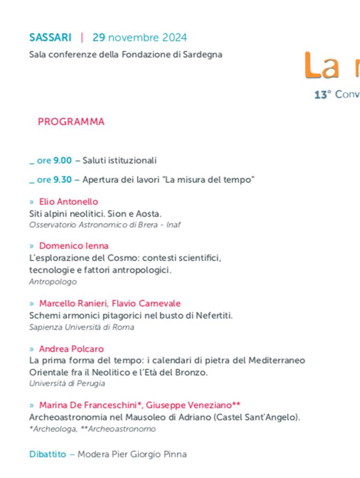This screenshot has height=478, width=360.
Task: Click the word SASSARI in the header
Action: (50, 38)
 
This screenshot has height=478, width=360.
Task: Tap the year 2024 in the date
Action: (174, 38)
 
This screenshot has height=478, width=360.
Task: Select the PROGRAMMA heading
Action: (71, 122)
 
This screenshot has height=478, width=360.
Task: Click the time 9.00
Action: (62, 161)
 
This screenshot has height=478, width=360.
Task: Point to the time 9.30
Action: (62, 180)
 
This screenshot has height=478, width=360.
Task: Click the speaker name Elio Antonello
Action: (69, 202)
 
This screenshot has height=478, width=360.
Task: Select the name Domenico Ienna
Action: (74, 246)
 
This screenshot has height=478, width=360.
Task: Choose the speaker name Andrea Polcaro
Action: (72, 349)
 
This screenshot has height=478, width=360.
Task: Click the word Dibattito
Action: (47, 455)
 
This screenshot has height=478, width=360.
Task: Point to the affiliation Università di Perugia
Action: (67, 384)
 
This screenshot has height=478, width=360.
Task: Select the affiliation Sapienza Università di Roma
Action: (82, 327)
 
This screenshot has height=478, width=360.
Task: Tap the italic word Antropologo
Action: (53, 282)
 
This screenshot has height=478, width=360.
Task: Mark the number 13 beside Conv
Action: (320, 95)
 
